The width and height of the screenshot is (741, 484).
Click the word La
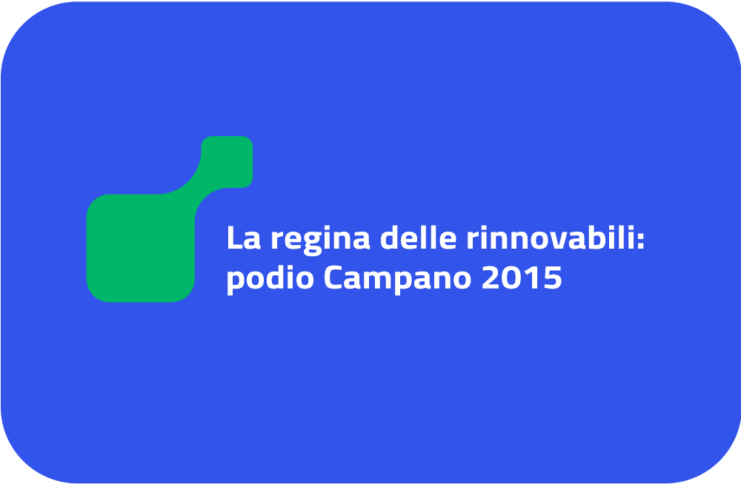point(244,238)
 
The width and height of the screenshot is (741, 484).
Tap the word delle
point(419,237)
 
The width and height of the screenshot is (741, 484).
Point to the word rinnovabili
point(550,237)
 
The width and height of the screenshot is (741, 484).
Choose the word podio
point(270,278)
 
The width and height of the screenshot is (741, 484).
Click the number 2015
point(522,278)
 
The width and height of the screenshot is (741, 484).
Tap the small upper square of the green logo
point(227,161)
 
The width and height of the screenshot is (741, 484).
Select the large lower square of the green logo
point(140,248)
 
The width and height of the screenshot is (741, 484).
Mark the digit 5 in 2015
point(554,278)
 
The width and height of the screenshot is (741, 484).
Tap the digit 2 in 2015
point(490,278)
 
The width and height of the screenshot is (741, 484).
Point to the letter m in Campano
point(382,280)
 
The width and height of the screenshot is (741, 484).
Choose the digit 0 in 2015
point(511,278)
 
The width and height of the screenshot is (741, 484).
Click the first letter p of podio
point(236,283)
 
